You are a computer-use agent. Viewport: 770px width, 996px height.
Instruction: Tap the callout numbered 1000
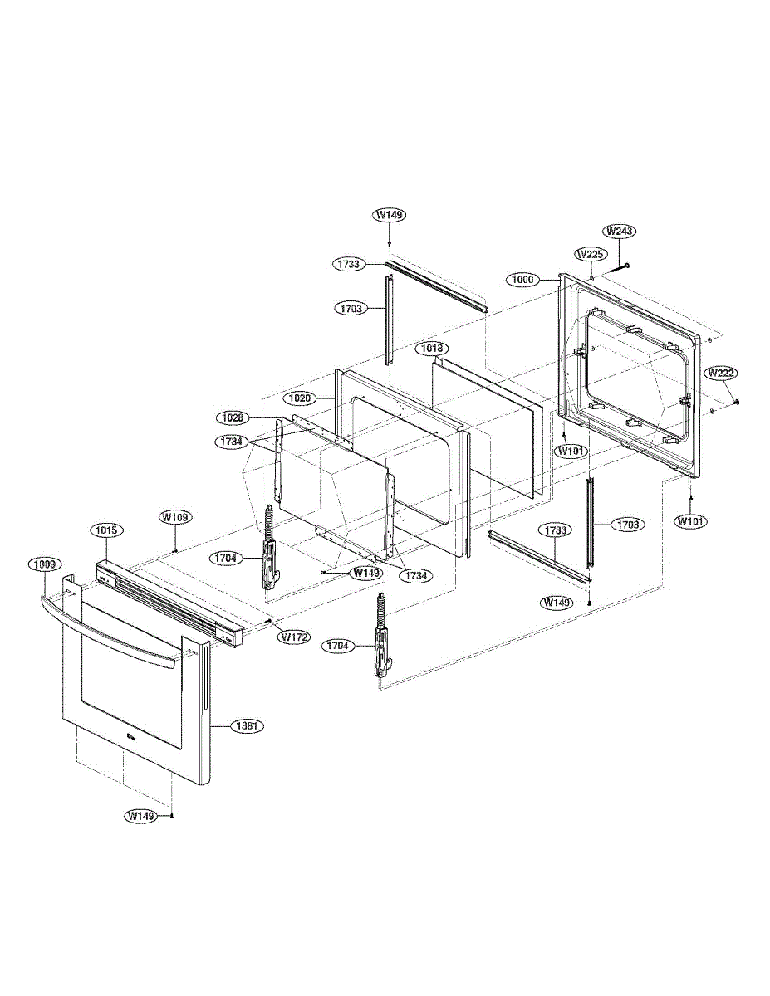coord(523,280)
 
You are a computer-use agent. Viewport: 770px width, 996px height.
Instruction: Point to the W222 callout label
coord(720,373)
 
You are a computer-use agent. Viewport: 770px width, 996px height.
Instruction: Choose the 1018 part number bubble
coord(431,349)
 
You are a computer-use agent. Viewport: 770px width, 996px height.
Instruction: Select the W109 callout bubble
coord(176,517)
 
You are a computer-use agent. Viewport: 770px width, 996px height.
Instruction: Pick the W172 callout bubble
coord(293,637)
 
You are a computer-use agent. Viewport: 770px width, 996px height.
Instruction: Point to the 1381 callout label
coord(247,725)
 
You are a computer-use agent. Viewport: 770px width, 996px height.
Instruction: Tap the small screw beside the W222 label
coord(737,402)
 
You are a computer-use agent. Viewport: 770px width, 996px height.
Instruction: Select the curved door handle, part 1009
coord(108,627)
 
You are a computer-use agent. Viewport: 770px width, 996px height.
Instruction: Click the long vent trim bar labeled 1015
coord(166,602)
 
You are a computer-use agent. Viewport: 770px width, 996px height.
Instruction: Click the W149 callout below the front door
coord(141,817)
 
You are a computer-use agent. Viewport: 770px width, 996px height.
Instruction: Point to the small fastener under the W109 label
coord(176,549)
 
